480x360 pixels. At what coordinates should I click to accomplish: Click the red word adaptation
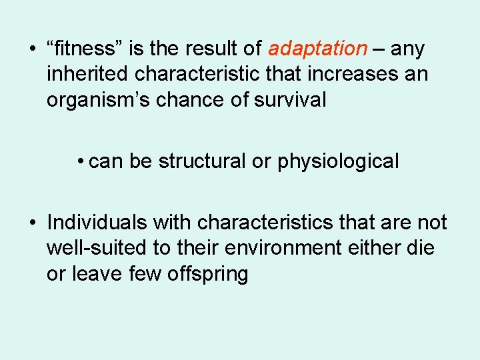(317, 49)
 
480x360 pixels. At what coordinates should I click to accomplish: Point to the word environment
(283, 247)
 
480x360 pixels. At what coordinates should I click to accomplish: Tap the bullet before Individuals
(32, 223)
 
